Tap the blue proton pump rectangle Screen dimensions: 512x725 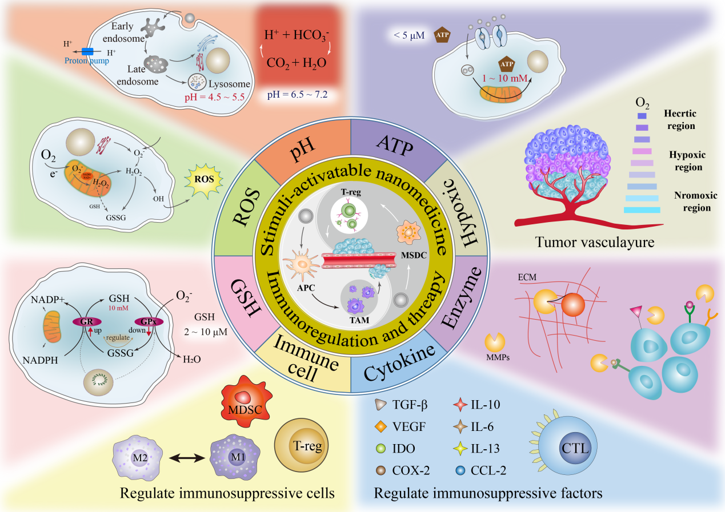(x=87, y=51)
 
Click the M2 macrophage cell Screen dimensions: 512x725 (x=139, y=458)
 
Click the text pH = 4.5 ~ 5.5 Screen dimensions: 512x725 (x=214, y=98)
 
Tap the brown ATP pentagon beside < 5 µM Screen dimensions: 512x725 (x=442, y=36)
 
